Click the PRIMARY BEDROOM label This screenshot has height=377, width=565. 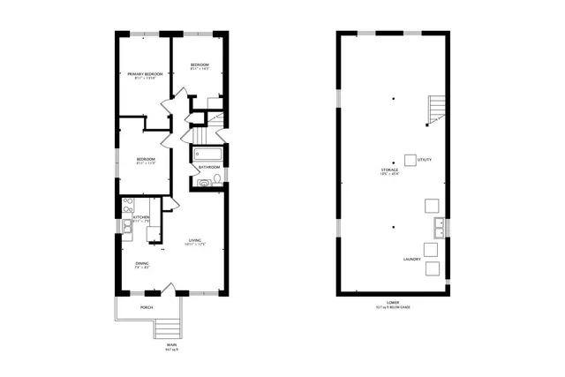point(143,75)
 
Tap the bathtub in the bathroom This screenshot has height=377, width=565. point(208,154)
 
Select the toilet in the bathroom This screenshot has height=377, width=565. point(204,183)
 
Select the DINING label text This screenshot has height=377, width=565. point(141,263)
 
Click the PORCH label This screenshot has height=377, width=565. point(147,308)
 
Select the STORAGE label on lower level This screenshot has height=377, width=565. point(389,169)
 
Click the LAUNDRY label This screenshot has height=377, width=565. point(412,259)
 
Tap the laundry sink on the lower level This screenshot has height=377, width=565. point(436,229)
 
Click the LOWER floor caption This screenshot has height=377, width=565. point(392,302)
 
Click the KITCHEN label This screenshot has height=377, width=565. point(141,216)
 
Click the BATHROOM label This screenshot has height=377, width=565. point(209,167)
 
